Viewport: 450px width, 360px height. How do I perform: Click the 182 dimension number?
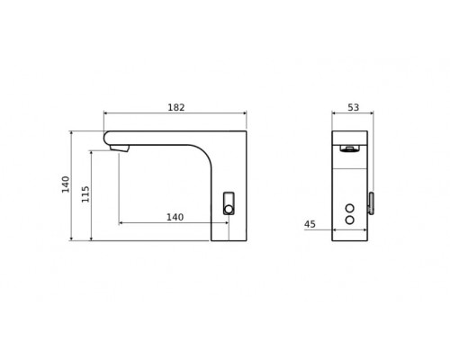[x=175, y=107]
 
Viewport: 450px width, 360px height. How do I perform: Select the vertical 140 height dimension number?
[x=66, y=184]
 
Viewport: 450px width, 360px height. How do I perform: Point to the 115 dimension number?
[x=85, y=193]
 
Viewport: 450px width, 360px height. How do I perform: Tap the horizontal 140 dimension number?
[x=175, y=217]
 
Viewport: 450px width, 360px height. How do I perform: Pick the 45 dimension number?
[x=310, y=224]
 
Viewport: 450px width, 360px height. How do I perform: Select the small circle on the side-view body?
[x=228, y=209]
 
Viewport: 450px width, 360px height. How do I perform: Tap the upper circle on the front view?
[x=350, y=209]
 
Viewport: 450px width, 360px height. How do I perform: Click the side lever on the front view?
[x=370, y=203]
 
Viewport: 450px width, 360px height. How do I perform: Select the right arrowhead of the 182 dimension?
[x=245, y=113]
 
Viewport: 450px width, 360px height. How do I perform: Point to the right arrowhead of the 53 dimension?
[x=365, y=113]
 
